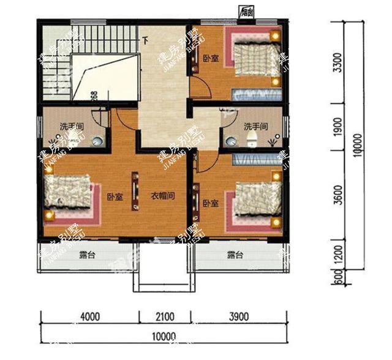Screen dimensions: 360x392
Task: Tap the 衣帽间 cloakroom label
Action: [164, 197]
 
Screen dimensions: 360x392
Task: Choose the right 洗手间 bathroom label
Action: [256, 127]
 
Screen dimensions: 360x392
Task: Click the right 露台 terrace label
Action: [235, 255]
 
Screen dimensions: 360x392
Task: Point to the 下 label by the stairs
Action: [145, 41]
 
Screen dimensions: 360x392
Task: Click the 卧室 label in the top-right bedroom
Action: [211, 59]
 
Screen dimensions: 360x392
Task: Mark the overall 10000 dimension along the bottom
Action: [165, 336]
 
